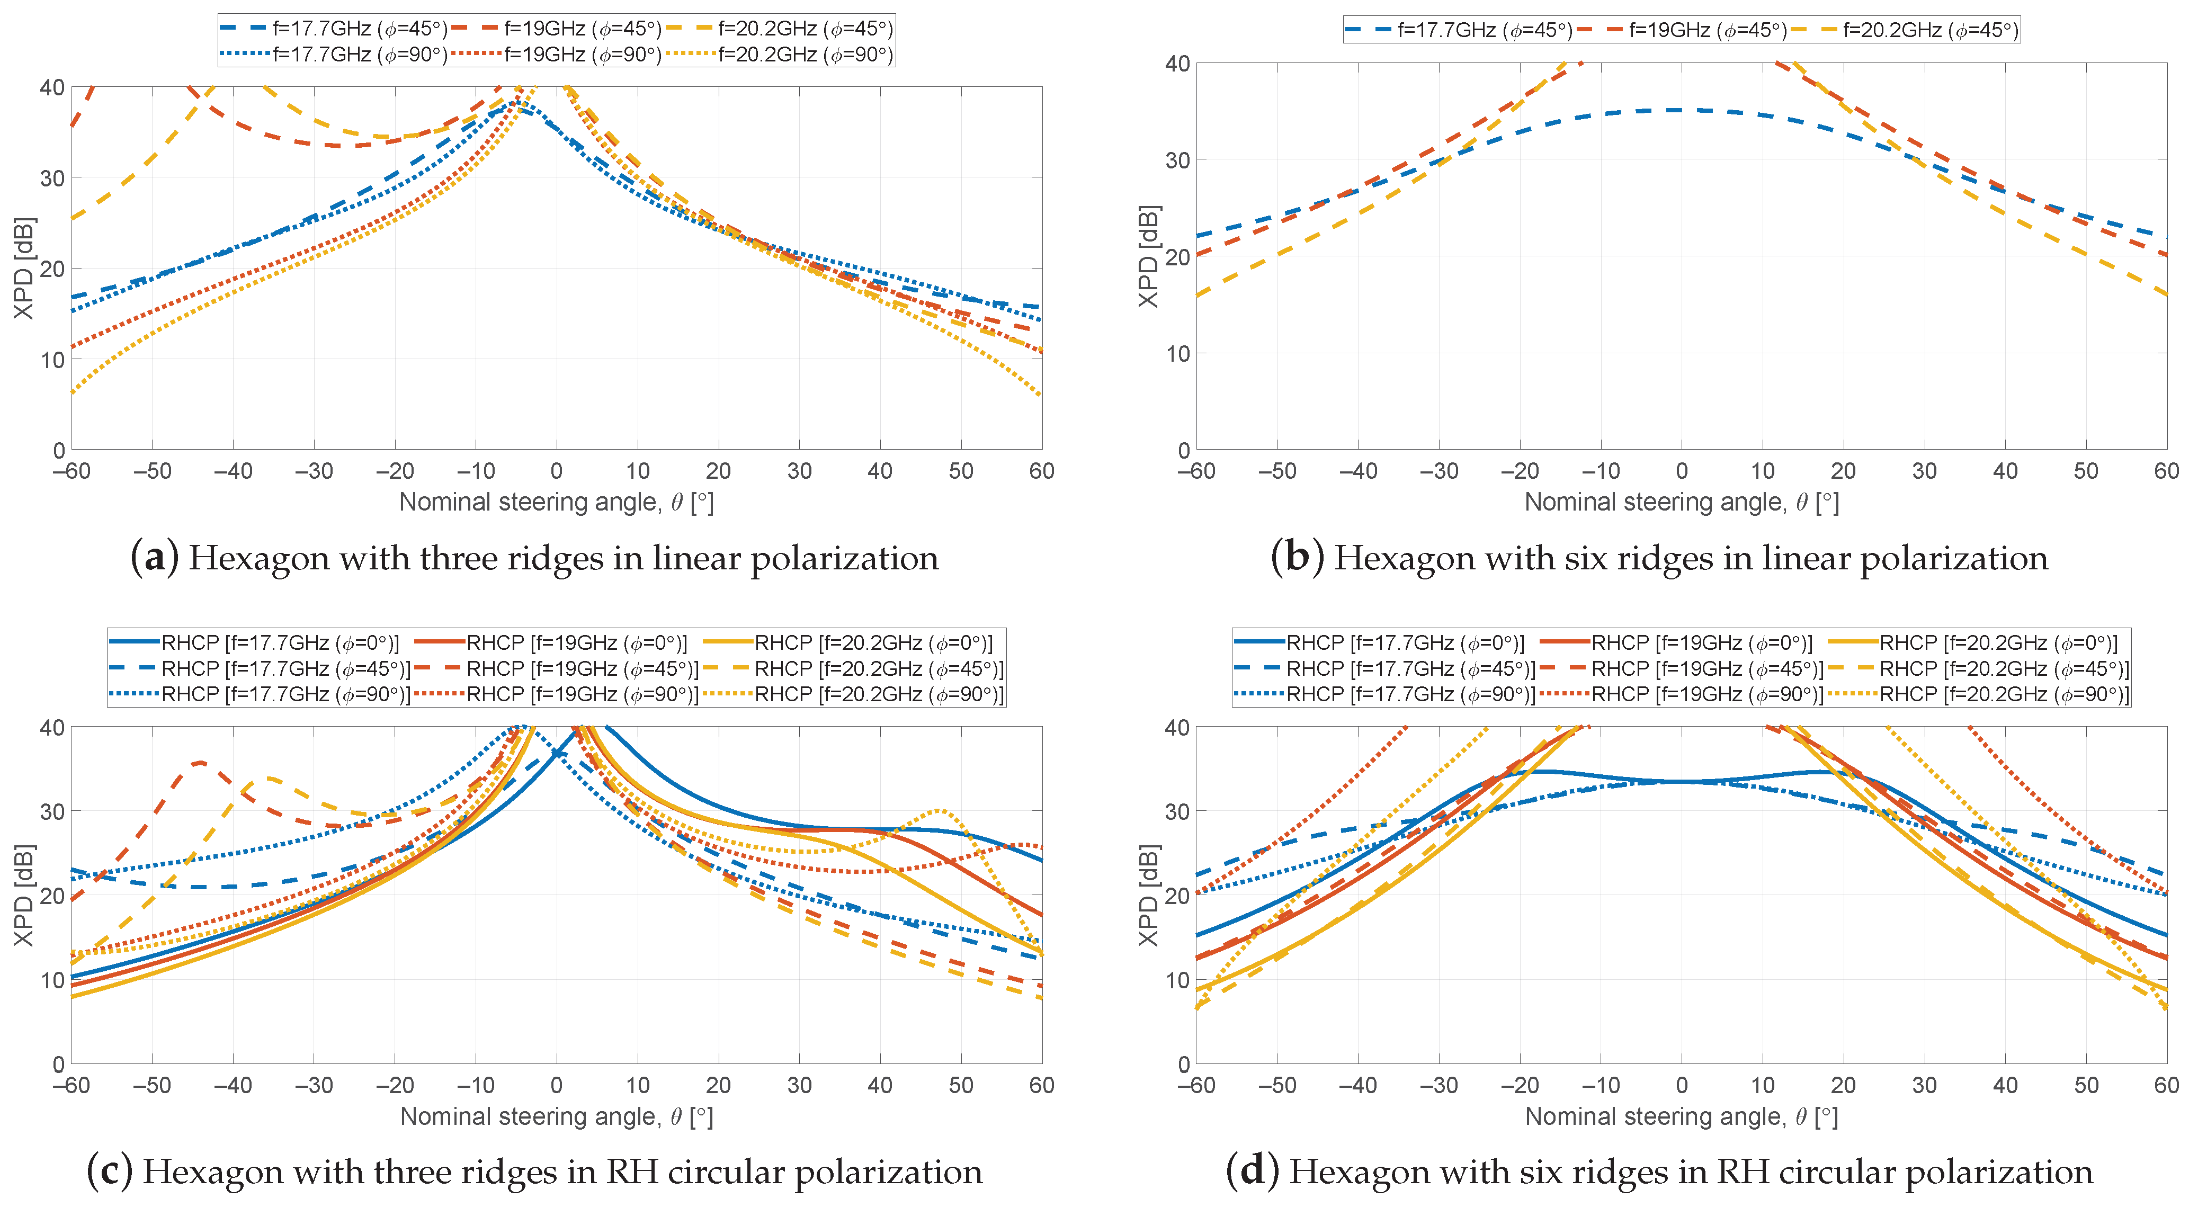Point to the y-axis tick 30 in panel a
pos(51,178)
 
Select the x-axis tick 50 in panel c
pos(961,1085)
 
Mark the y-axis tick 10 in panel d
pos(1177,980)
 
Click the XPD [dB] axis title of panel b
pos(1148,256)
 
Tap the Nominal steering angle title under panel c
pos(556,1116)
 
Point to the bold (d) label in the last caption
pos(1252,1172)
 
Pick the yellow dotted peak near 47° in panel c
pos(939,810)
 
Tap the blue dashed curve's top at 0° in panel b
pos(1681,110)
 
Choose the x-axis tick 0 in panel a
pos(556,471)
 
